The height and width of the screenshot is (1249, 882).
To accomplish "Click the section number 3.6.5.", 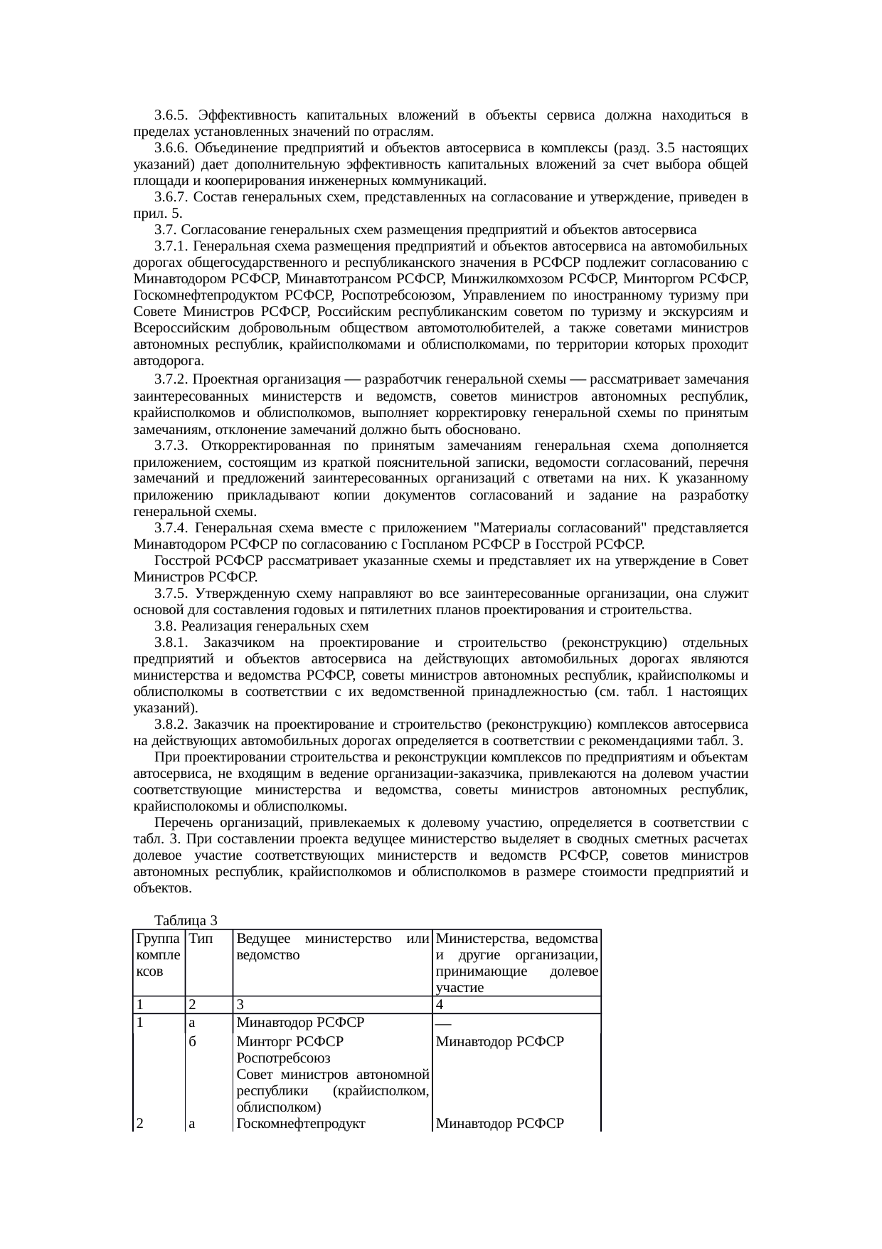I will click(x=171, y=115).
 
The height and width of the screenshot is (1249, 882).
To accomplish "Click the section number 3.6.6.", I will click(x=171, y=148).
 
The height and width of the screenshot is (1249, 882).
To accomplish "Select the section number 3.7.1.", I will click(x=171, y=246).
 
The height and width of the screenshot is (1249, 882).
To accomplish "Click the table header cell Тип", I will click(x=201, y=939).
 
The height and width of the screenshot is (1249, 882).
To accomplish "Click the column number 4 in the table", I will click(x=440, y=1005).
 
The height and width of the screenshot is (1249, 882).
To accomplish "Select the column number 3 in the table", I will click(x=240, y=1005).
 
